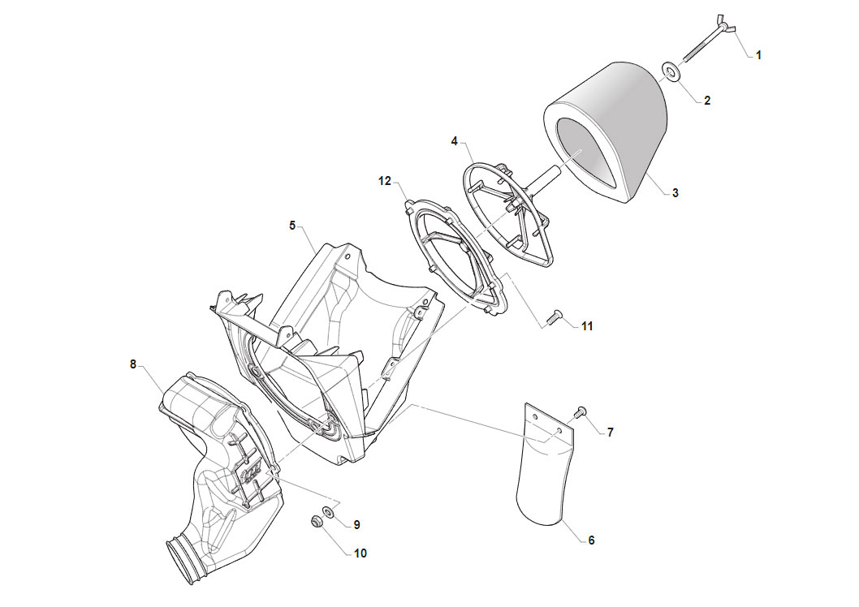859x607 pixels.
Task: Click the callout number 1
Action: click(758, 55)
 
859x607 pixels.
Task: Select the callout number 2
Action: click(707, 101)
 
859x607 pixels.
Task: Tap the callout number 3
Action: click(676, 192)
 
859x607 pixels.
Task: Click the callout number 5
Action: click(292, 226)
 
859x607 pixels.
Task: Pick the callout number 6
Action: click(591, 540)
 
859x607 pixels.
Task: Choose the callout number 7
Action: click(611, 433)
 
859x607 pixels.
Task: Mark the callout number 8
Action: click(132, 364)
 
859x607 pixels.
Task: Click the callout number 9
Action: click(356, 525)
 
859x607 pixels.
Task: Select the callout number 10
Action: click(360, 553)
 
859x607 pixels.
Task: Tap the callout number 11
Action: click(587, 326)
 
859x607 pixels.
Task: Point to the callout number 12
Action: click(385, 181)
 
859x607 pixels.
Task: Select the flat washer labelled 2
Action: click(671, 71)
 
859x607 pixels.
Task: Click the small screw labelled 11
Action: click(555, 316)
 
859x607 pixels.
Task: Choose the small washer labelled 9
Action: click(330, 512)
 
